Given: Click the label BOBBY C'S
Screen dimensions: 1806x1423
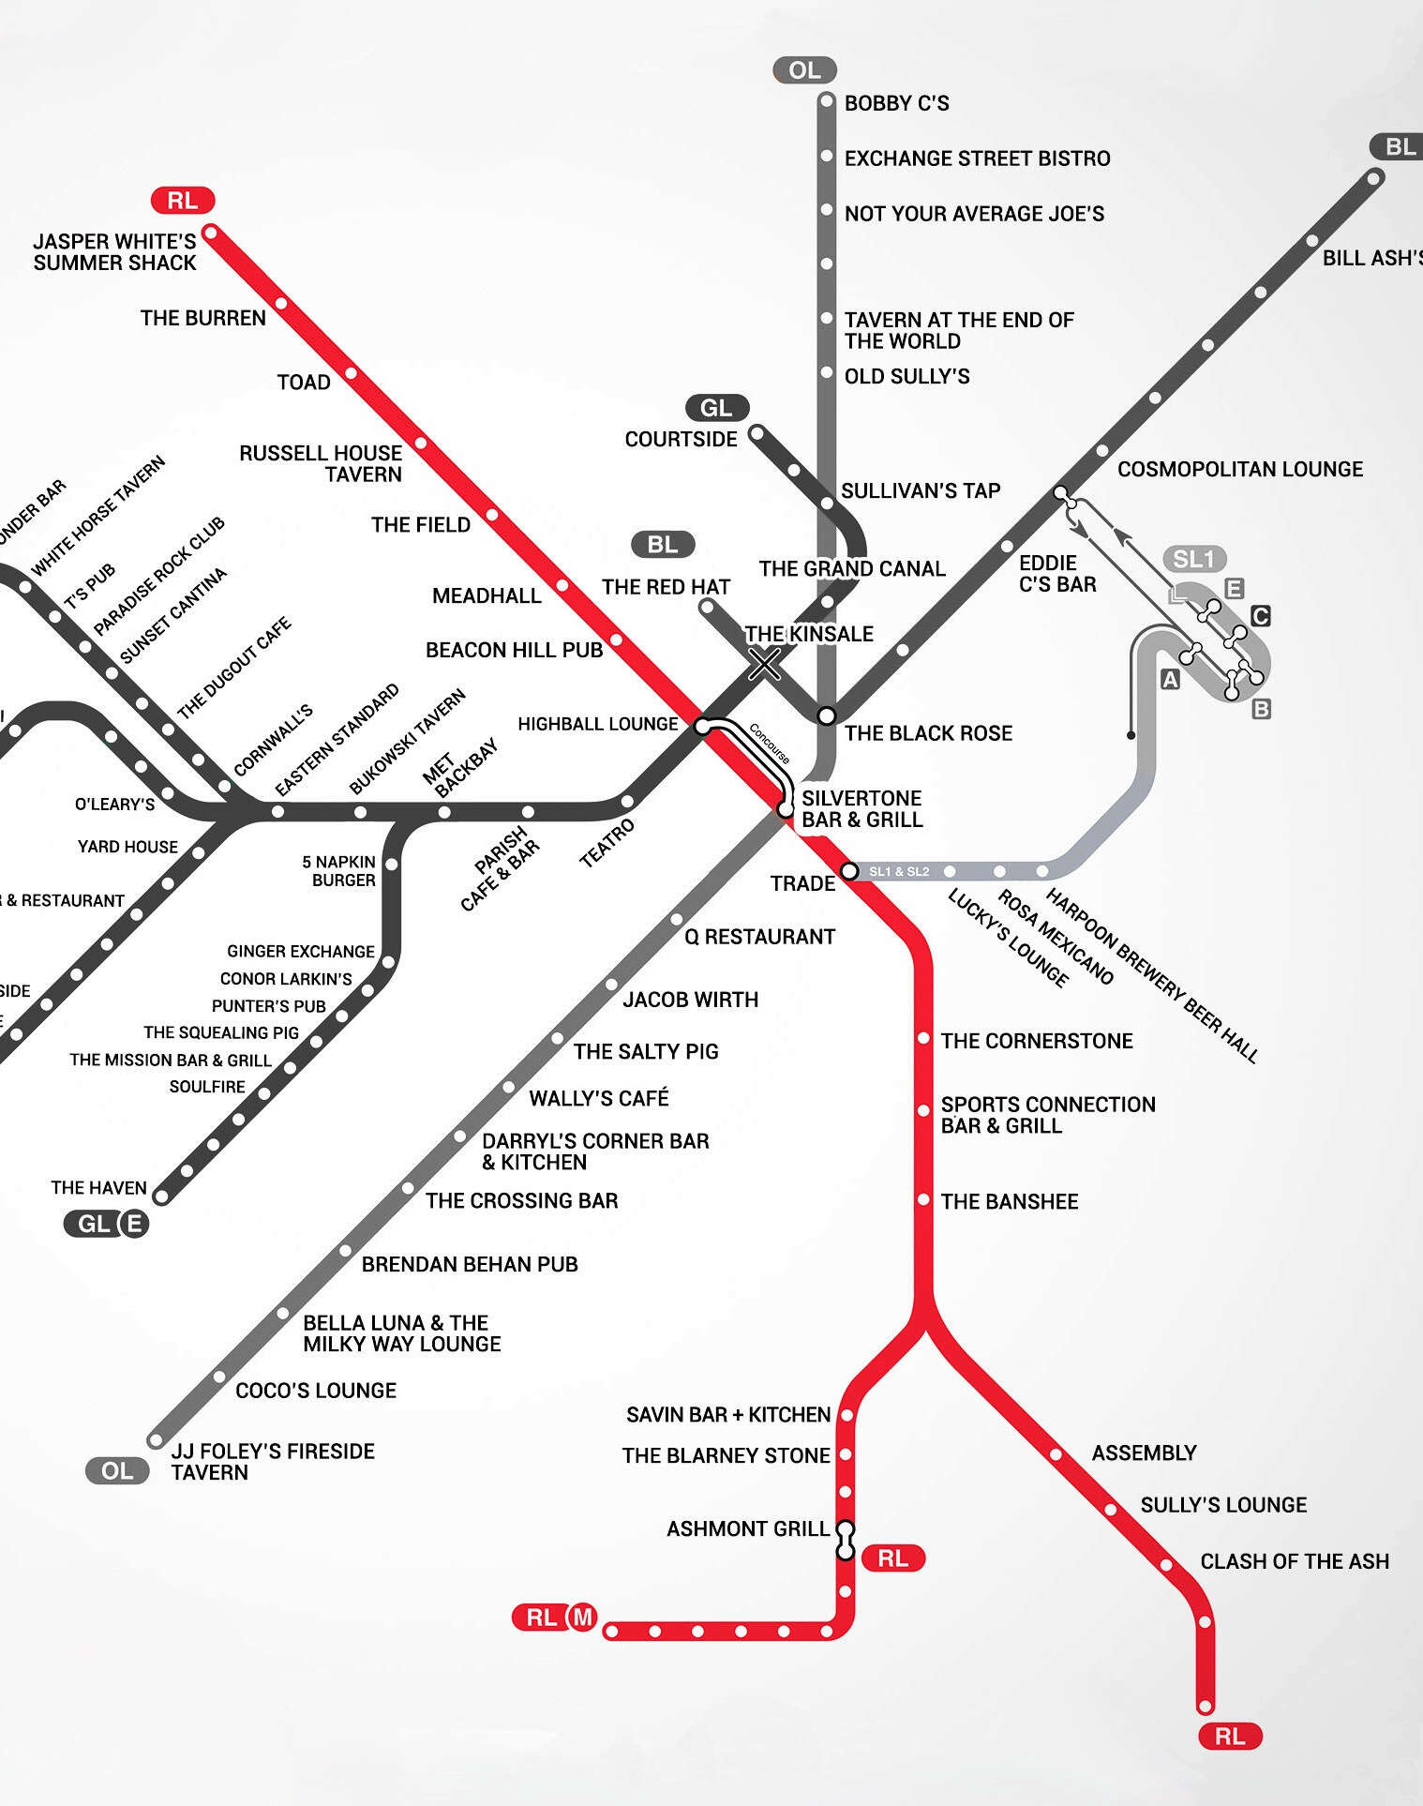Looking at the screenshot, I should [896, 103].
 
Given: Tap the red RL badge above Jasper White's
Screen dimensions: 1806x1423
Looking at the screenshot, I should [183, 200].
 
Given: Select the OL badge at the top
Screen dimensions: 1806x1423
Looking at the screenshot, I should [804, 70].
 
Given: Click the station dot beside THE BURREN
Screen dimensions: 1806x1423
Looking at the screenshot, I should [280, 304].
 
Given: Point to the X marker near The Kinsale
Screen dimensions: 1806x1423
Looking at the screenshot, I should [765, 665].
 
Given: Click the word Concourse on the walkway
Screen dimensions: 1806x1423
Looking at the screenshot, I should [769, 744].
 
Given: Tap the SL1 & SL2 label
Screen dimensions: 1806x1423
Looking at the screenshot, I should [899, 872].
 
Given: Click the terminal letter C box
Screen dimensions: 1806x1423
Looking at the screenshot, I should [1261, 616].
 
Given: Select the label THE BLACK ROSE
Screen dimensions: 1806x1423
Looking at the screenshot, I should [928, 733].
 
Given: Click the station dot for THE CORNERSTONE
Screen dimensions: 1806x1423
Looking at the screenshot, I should [923, 1038].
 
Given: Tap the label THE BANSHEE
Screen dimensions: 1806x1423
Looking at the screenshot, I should [1010, 1201].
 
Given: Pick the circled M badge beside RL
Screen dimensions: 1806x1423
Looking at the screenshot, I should [583, 1617].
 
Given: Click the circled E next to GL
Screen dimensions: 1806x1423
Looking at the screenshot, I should [134, 1224].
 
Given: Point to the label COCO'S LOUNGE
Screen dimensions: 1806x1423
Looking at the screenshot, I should [316, 1391].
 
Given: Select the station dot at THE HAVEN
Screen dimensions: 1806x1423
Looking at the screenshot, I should [161, 1196].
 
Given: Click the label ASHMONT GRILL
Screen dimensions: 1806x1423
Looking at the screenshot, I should [748, 1529].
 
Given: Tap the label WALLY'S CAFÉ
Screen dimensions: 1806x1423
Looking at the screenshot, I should [599, 1098].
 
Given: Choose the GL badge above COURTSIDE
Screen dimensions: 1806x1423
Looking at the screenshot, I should [716, 408].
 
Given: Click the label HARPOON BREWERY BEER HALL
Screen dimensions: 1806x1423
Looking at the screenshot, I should [1152, 975].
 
